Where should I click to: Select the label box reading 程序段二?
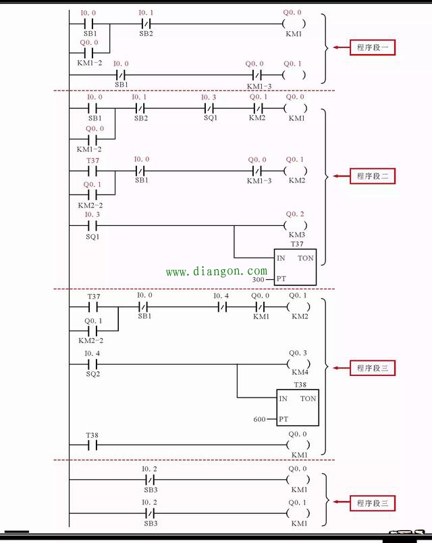point(371,176)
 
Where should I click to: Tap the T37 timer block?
point(295,268)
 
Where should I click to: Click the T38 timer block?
point(298,408)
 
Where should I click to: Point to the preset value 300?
point(259,279)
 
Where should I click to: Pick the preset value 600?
point(260,419)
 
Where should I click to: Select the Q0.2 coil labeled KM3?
point(296,225)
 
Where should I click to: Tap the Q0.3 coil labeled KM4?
point(298,364)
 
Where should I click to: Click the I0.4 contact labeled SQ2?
point(92,364)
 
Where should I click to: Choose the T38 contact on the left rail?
point(92,445)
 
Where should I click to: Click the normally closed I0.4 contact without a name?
point(222,307)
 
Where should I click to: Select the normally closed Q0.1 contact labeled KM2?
point(256,108)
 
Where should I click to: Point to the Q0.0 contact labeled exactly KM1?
point(261,307)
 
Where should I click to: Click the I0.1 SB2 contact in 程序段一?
point(146,24)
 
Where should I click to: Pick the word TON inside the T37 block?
point(305,259)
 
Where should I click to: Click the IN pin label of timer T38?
point(283,399)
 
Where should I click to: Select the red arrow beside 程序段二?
point(339,176)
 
